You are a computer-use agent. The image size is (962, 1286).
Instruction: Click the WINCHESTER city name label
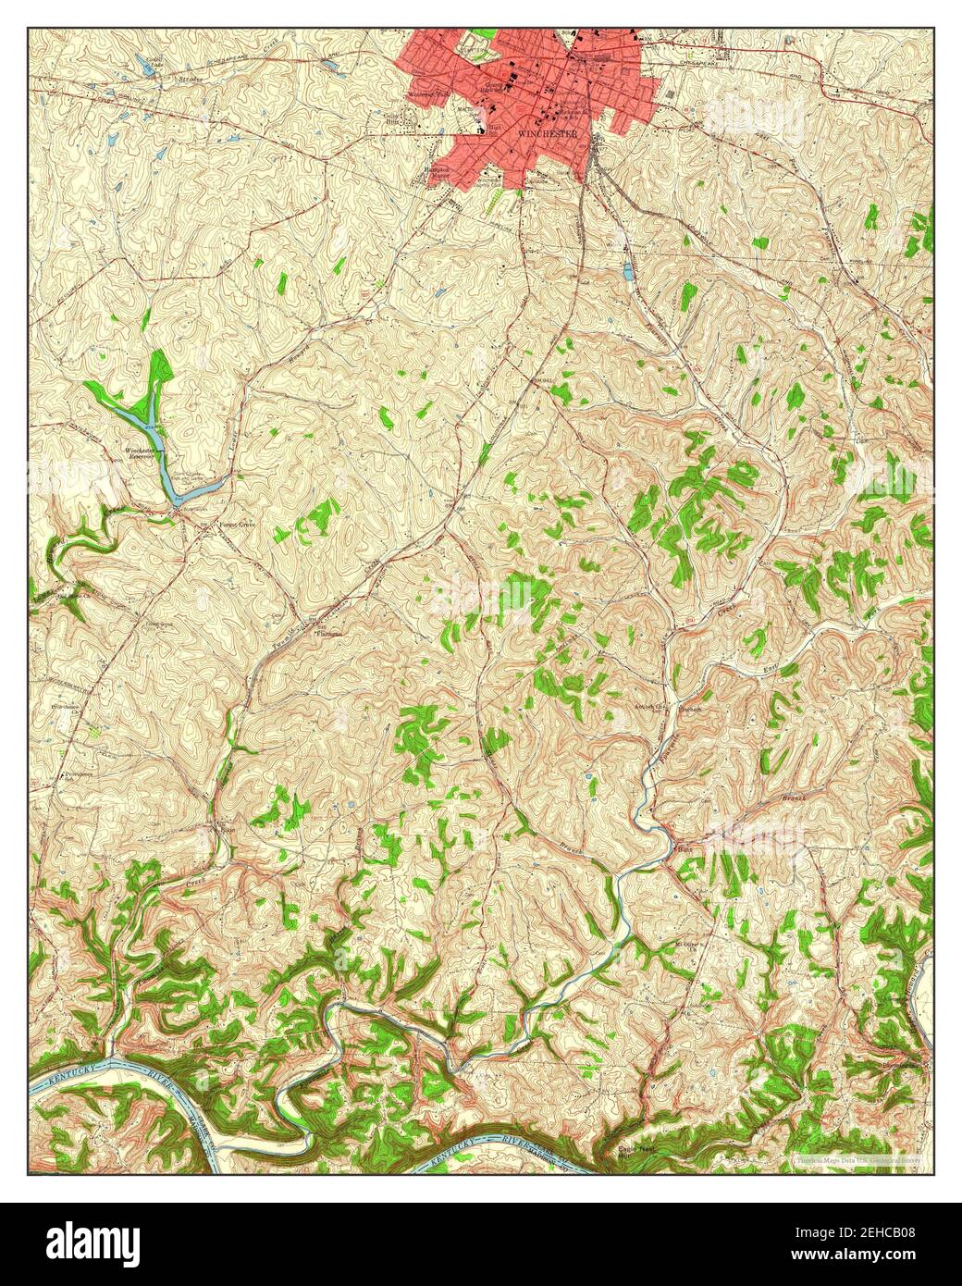[548, 133]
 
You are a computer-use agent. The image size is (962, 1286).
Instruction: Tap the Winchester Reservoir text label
[142, 452]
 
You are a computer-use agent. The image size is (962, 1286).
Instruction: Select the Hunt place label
[684, 847]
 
